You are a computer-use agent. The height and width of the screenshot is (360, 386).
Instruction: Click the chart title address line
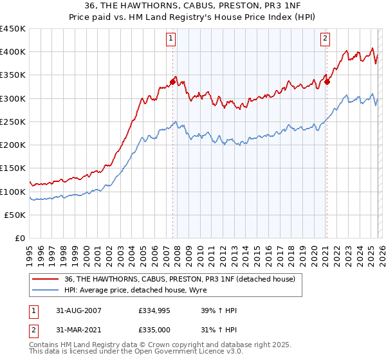coord(192,6)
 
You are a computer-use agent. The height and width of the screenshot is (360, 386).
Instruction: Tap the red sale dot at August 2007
coord(173,82)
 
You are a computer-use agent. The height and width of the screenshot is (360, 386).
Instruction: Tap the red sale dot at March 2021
coord(327,82)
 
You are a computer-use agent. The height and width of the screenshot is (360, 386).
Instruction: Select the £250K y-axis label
coord(13,122)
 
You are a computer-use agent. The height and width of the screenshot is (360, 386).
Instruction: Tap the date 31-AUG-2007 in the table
coord(74,310)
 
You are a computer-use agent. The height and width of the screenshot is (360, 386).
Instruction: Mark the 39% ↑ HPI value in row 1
coord(219,310)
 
